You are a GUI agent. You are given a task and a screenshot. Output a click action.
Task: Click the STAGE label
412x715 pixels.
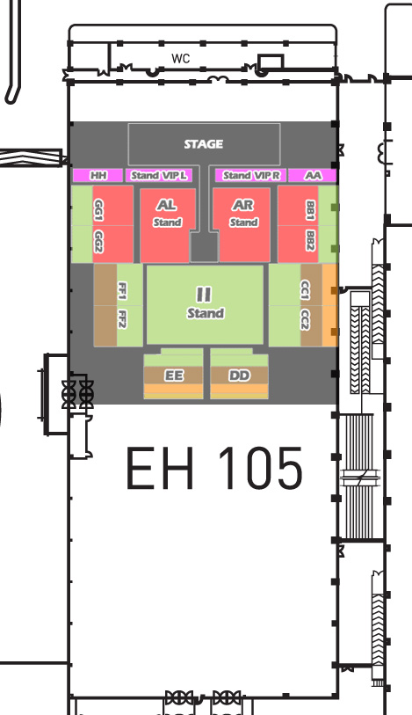(204, 144)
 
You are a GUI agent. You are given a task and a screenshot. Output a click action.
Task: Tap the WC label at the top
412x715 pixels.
(181, 58)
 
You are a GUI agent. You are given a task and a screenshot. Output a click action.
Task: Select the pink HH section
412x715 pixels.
(98, 175)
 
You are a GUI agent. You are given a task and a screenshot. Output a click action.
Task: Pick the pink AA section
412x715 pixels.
(313, 175)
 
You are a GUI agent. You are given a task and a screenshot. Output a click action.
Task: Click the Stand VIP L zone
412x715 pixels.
(159, 175)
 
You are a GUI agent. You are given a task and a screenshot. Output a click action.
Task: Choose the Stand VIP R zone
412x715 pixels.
(251, 175)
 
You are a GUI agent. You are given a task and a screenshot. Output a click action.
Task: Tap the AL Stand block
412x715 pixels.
(168, 225)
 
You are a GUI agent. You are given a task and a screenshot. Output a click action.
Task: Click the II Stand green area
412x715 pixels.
(205, 304)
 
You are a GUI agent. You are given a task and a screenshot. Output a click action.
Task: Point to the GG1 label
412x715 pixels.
(98, 210)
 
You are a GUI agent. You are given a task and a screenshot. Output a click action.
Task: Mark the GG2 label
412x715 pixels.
(98, 241)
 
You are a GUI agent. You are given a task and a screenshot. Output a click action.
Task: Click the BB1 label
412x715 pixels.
(311, 210)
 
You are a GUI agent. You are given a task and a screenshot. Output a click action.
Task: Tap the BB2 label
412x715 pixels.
(311, 241)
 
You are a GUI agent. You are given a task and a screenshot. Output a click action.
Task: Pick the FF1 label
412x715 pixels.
(122, 291)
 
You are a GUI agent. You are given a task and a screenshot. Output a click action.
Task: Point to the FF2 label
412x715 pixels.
(122, 318)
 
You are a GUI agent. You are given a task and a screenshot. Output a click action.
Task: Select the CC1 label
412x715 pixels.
(305, 291)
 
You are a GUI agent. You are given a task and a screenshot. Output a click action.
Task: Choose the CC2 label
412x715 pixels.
(305, 319)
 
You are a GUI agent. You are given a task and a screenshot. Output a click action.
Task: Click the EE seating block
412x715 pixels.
(173, 374)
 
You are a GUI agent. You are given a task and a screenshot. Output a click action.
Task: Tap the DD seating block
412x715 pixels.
(239, 374)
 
